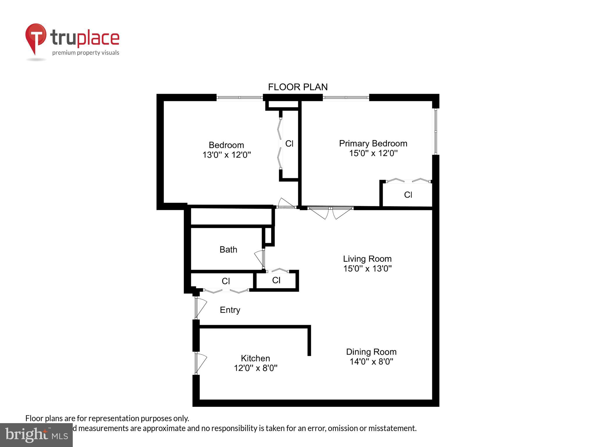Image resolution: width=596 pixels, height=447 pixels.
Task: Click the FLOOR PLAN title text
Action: (298, 87)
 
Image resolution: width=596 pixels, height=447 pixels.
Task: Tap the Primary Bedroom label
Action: (373, 143)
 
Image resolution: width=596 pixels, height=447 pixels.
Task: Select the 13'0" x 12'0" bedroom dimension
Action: (226, 155)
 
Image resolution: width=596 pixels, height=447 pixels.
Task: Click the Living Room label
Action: (367, 259)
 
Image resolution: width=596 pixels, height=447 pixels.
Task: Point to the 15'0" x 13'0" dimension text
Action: (367, 269)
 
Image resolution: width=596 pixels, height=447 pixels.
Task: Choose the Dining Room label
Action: (371, 352)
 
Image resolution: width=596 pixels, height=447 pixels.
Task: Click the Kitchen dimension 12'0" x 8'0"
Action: (256, 368)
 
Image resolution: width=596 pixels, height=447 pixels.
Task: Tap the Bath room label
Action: (228, 250)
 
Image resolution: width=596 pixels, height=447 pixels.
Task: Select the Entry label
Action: (230, 310)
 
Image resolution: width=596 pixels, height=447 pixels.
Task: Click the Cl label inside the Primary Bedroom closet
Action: (408, 195)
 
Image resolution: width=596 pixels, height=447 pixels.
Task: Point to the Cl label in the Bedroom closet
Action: (289, 143)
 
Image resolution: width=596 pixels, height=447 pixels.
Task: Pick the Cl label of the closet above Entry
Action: (226, 281)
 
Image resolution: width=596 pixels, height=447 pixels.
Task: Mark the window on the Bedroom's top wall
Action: (240, 97)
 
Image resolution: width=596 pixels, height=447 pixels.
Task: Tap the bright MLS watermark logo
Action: (36, 435)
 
